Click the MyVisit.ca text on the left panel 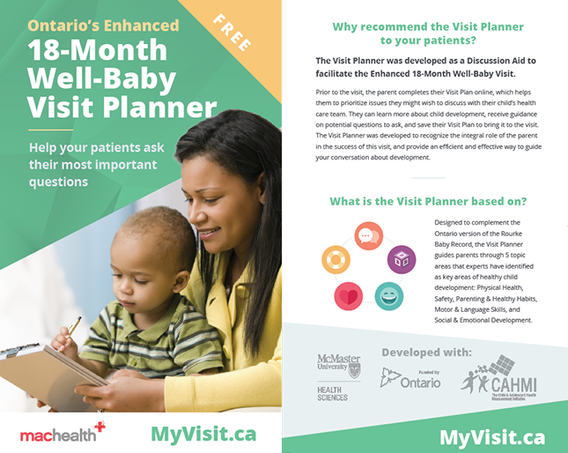(203, 434)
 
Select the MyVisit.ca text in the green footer (491, 436)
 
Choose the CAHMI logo (501, 379)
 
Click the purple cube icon (402, 259)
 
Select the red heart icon (348, 295)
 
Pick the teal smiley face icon (387, 295)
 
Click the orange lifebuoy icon (336, 259)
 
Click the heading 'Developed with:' (426, 352)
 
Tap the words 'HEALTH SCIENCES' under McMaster (332, 392)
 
